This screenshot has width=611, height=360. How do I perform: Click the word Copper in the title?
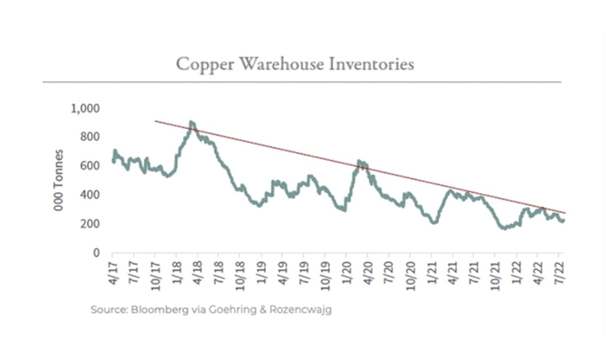click(201, 65)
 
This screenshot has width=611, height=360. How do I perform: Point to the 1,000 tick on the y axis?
click(85, 109)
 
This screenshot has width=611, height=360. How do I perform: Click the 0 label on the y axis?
click(96, 253)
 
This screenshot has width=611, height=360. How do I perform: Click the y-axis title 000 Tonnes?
click(59, 180)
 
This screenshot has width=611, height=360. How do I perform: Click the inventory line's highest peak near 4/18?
click(192, 122)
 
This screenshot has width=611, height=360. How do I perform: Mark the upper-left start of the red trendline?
click(155, 121)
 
